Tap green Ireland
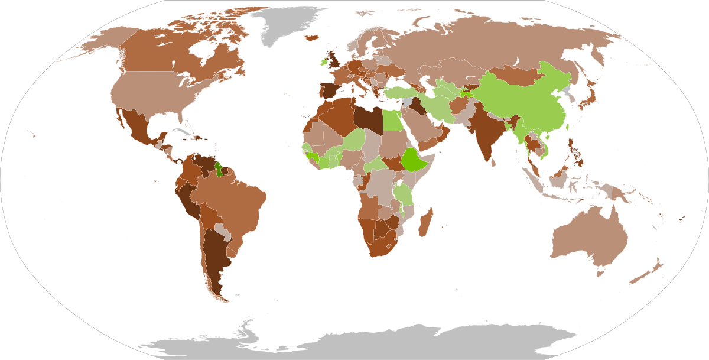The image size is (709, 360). [324, 61]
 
